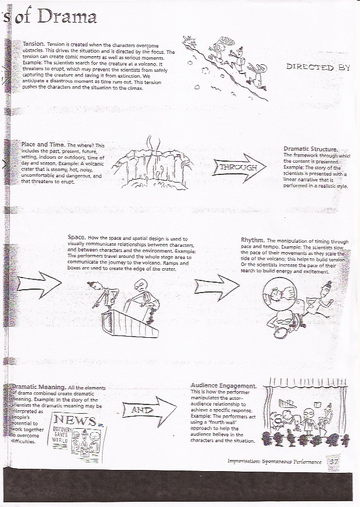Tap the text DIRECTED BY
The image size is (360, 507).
pyautogui.click(x=318, y=67)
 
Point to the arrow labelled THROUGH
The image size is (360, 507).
pyautogui.click(x=238, y=168)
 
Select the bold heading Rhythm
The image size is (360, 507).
pyautogui.click(x=253, y=240)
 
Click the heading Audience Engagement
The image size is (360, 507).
pyautogui.click(x=223, y=385)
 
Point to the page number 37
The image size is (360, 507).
pyautogui.click(x=334, y=462)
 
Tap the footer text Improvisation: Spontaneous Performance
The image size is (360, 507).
pyautogui.click(x=275, y=462)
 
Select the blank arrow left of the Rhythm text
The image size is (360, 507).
pyautogui.click(x=215, y=283)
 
